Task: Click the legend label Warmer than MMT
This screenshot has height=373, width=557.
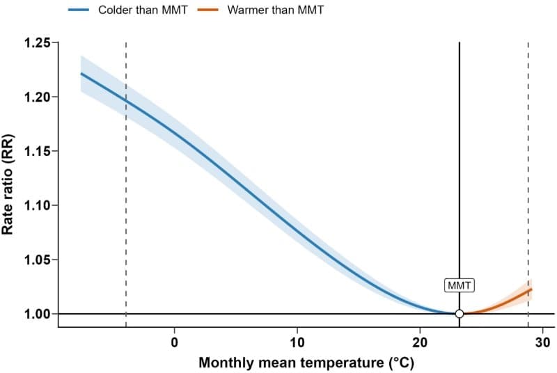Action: coord(275,10)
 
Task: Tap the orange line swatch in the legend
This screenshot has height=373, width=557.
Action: coord(213,10)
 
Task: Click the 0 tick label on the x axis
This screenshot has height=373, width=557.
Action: coord(175,342)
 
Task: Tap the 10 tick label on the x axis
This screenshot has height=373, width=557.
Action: coord(297,342)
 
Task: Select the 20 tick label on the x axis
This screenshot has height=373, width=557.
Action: coord(420,342)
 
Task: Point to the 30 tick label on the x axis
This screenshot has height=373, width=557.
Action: coord(542,342)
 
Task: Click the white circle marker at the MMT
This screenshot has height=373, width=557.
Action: coord(460,314)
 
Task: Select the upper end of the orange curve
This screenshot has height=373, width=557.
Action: coord(531,289)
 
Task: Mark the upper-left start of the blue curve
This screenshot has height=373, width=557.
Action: coord(81,73)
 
